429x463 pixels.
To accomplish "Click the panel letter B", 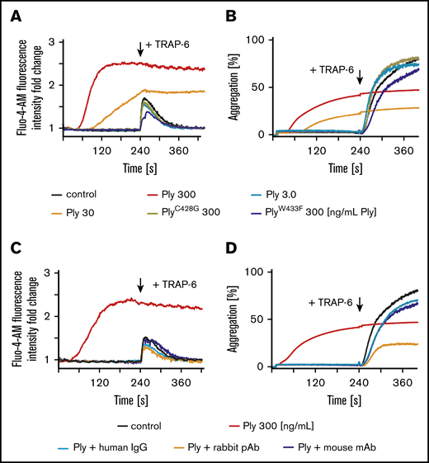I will click(228, 12).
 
